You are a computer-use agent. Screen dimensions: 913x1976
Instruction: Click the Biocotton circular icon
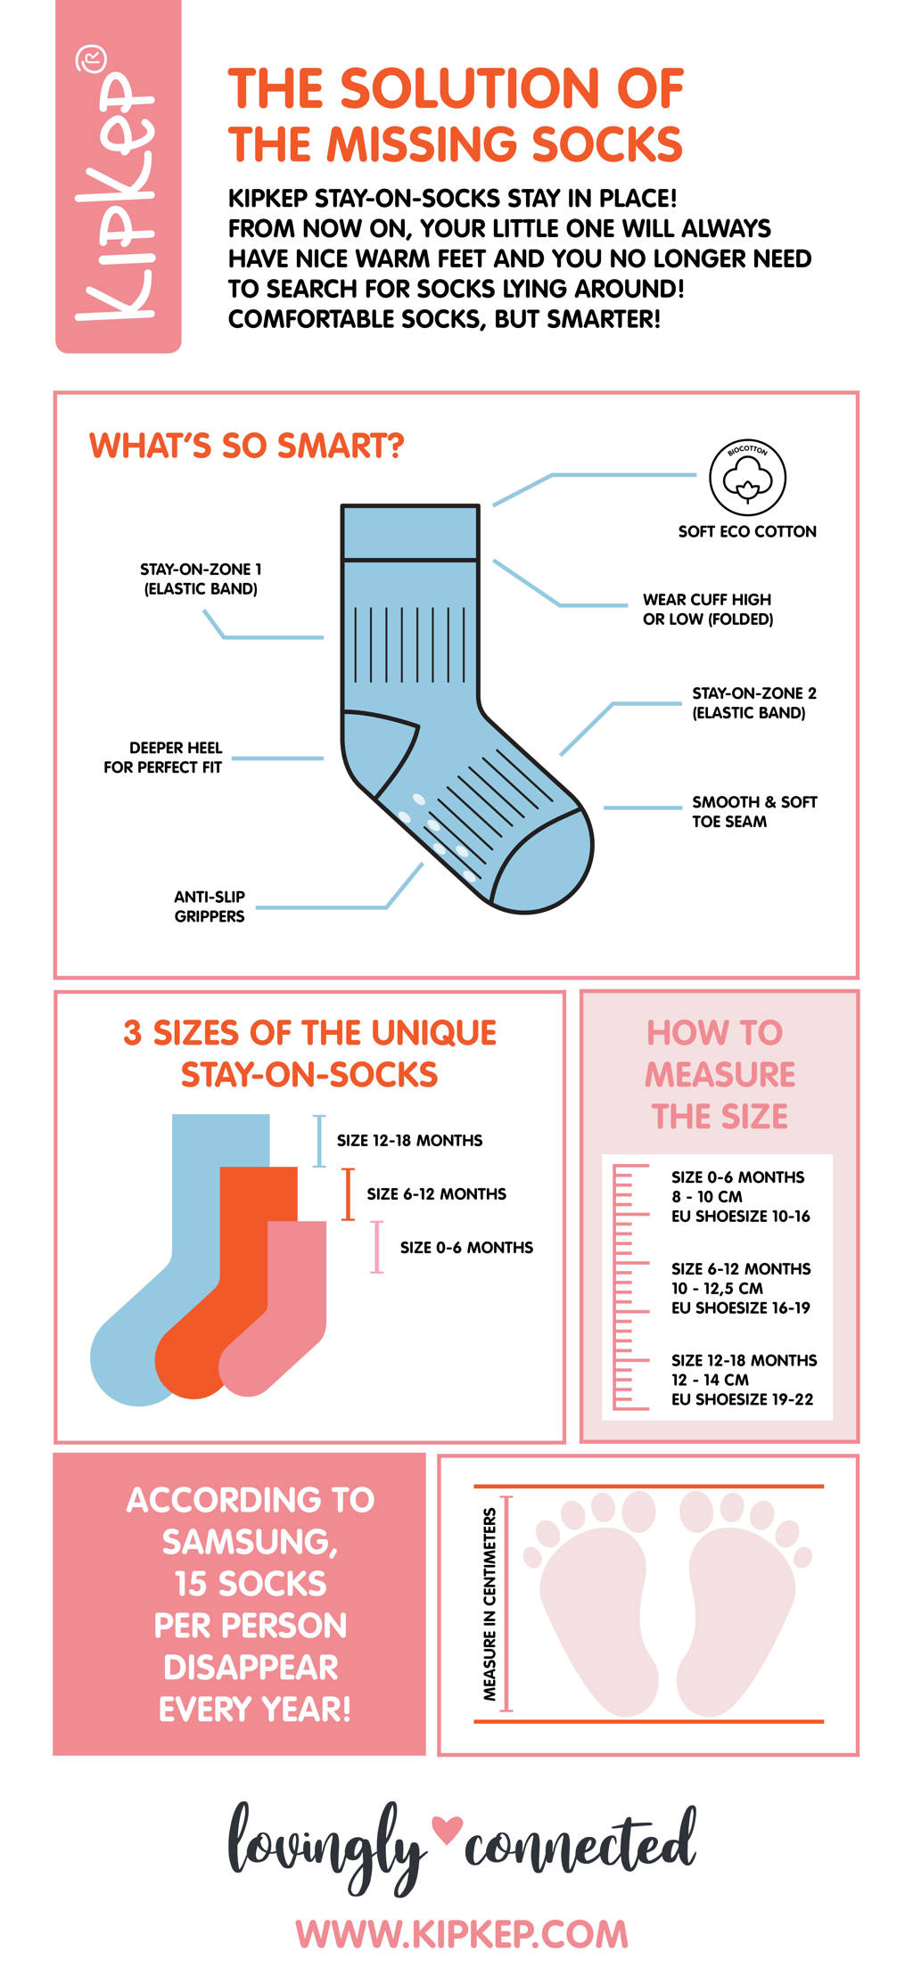click(x=747, y=477)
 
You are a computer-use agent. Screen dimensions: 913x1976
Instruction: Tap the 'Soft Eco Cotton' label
click(x=747, y=531)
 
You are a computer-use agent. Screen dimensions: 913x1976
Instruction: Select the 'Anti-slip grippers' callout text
click(x=210, y=906)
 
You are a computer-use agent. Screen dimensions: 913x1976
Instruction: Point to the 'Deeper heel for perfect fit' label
click(x=162, y=758)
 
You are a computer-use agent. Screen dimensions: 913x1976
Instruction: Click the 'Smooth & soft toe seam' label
click(x=754, y=812)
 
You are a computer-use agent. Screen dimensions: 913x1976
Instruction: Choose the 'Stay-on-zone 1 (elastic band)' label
click(x=201, y=578)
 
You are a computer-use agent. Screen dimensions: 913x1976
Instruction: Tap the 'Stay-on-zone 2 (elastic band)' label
click(x=754, y=702)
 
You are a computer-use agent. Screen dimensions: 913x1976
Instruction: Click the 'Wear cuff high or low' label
click(x=708, y=609)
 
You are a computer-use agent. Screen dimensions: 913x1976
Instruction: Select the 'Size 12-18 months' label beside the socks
click(x=409, y=1140)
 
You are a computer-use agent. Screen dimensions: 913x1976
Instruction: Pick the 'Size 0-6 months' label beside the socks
click(x=466, y=1247)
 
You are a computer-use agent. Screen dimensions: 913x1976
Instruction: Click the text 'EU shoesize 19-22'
click(x=742, y=1399)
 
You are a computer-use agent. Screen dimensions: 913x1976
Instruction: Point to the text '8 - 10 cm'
click(x=706, y=1196)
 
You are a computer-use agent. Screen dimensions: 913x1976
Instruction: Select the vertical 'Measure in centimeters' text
click(x=489, y=1603)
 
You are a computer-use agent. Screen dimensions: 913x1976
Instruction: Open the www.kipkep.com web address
click(x=462, y=1933)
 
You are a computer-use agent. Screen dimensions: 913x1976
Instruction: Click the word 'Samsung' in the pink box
click(x=250, y=1542)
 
